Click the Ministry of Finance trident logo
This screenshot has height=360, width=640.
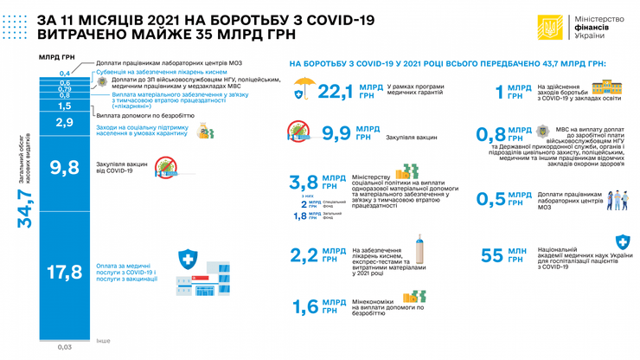(549, 28)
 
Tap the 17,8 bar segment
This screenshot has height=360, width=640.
(65, 273)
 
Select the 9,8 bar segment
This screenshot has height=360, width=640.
(65, 168)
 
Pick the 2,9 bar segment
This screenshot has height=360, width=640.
(65, 123)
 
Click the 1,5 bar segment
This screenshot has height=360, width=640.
(65, 106)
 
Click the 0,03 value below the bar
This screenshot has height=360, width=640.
(65, 347)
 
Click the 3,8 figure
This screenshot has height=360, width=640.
(304, 181)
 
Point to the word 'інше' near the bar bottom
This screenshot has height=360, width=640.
(104, 341)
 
